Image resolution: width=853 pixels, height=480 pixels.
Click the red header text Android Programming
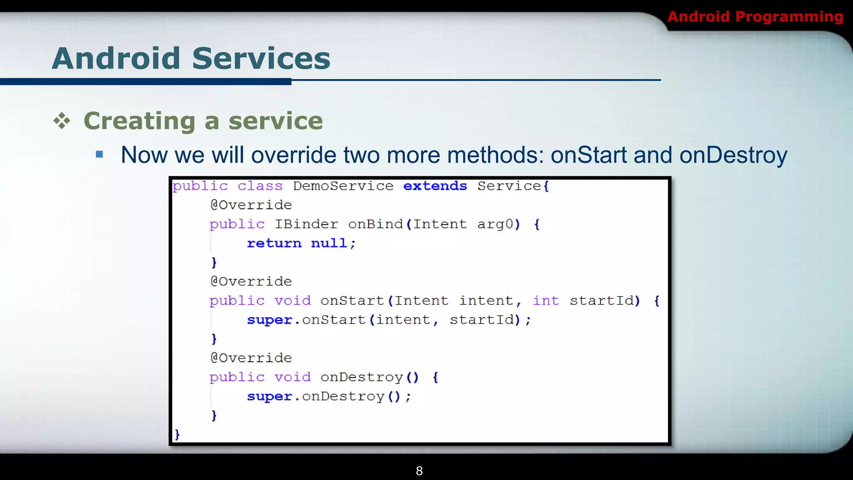755,17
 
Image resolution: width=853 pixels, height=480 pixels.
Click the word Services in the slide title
261,58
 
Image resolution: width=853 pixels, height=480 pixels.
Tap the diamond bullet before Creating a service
62,121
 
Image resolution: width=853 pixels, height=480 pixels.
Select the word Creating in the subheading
140,121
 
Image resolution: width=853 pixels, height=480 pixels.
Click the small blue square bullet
99,155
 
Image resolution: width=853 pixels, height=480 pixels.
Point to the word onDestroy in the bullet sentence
733,155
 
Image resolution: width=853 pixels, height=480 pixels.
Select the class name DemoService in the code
343,186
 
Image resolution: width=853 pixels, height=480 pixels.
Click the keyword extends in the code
435,186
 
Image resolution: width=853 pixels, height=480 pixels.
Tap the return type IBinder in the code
306,224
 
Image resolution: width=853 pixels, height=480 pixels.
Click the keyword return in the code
274,243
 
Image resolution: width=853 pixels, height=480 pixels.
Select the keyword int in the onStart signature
546,301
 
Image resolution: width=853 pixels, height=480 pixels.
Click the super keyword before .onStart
269,320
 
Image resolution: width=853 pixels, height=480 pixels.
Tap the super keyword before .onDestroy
269,397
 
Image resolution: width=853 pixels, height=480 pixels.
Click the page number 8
419,471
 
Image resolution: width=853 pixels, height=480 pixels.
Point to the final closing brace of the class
177,435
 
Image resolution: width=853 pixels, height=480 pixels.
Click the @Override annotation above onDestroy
251,358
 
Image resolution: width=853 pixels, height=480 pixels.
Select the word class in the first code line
260,186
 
